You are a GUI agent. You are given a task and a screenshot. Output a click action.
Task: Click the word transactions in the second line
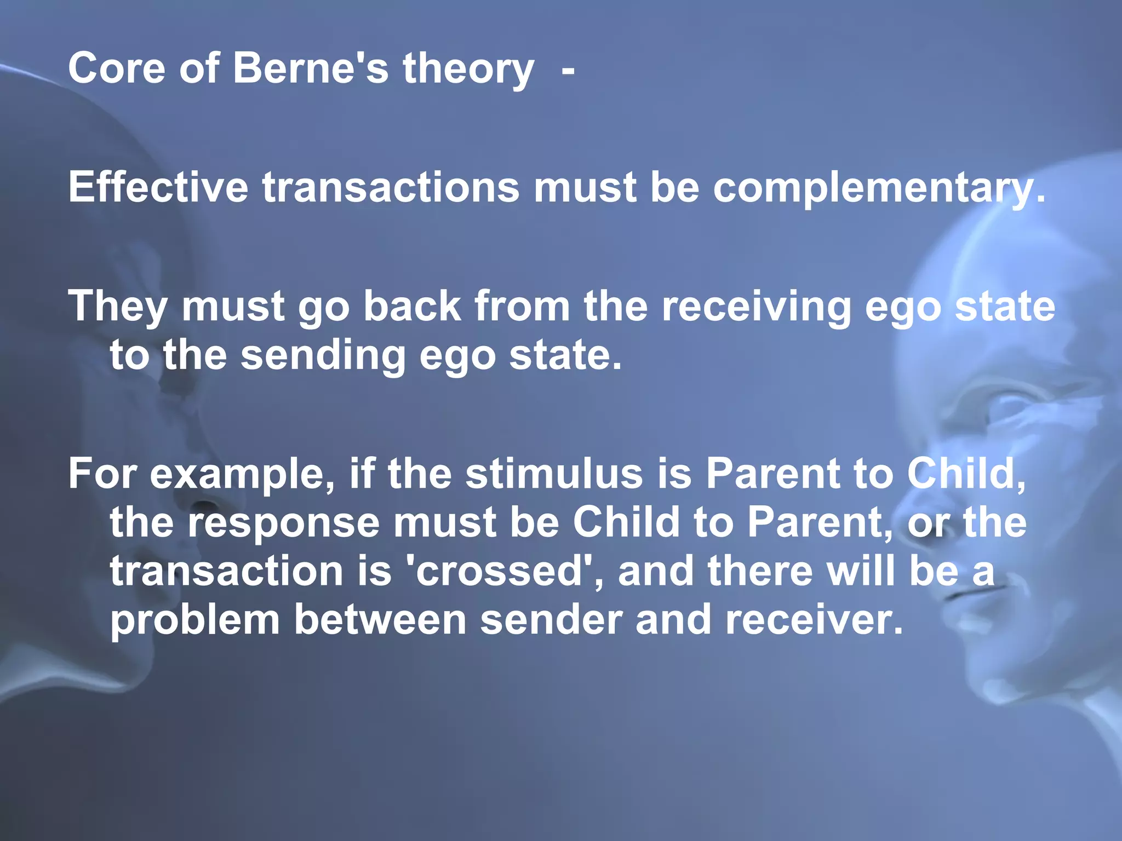391,187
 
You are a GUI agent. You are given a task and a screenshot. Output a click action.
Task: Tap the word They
118,307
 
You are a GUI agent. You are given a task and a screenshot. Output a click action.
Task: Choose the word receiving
755,307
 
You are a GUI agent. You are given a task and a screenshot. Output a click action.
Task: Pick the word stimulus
554,474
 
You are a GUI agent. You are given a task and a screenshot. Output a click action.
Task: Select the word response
284,523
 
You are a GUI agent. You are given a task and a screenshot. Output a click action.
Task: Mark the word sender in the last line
551,619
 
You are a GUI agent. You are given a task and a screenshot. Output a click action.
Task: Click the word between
380,619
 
